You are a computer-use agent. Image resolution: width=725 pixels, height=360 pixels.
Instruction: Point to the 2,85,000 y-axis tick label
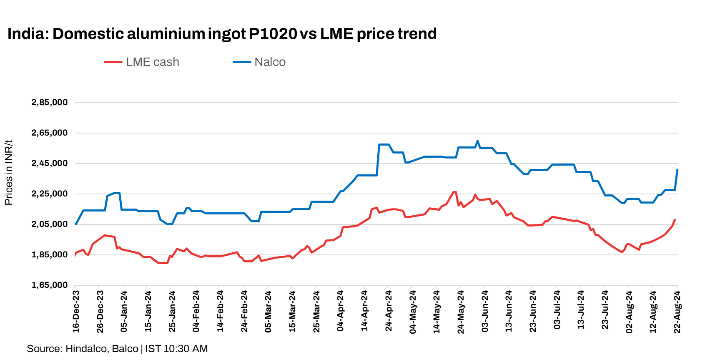pyautogui.click(x=50, y=102)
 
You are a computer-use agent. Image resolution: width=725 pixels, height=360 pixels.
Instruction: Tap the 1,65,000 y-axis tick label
pyautogui.click(x=50, y=285)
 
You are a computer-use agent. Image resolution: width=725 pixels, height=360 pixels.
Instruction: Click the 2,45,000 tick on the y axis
pyautogui.click(x=50, y=164)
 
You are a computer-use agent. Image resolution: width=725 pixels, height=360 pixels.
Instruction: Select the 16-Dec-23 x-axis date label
pyautogui.click(x=76, y=312)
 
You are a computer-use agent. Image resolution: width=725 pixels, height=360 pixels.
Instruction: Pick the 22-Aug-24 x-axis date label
pyautogui.click(x=677, y=312)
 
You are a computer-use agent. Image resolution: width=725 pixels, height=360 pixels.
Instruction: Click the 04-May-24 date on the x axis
pyautogui.click(x=413, y=312)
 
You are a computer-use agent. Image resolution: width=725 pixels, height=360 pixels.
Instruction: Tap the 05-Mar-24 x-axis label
pyautogui.click(x=268, y=312)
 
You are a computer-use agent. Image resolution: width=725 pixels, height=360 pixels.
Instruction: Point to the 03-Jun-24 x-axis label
pyautogui.click(x=485, y=312)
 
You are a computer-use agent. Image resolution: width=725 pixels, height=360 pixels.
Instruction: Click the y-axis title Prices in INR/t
pyautogui.click(x=9, y=173)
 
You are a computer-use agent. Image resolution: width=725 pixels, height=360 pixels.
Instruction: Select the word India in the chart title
pyautogui.click(x=27, y=34)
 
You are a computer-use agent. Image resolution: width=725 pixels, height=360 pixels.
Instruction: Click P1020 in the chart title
pyautogui.click(x=273, y=34)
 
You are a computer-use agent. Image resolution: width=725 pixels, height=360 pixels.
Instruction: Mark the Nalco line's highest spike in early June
pyautogui.click(x=477, y=141)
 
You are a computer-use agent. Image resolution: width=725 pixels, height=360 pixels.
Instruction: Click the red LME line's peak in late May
pyautogui.click(x=454, y=192)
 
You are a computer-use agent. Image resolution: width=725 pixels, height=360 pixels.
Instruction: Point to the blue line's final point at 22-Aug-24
pyautogui.click(x=677, y=170)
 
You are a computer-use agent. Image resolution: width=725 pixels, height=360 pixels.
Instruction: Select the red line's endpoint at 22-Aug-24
pyautogui.click(x=675, y=220)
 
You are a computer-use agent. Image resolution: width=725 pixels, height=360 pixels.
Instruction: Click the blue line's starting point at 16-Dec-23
pyautogui.click(x=75, y=224)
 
